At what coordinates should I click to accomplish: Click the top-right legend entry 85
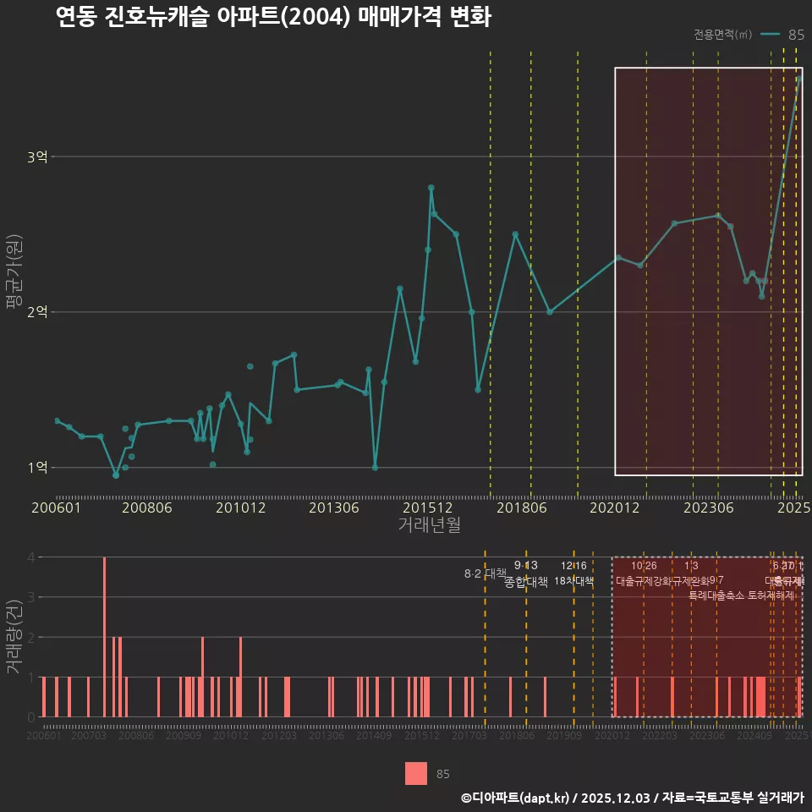(795, 35)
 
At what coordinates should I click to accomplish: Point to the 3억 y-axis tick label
(37, 156)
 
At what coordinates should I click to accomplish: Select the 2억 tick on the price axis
(37, 312)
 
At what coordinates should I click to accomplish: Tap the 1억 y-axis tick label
(37, 467)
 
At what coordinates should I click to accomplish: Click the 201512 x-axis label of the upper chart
(422, 508)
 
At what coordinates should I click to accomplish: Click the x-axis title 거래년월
(429, 525)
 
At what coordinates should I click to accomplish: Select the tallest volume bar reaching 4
(104, 636)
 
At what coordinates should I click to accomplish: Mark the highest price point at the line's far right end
(798, 79)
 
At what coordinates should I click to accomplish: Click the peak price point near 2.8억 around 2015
(431, 188)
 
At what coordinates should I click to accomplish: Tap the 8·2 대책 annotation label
(484, 573)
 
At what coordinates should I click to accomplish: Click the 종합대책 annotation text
(526, 582)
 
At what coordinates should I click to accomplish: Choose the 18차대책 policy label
(574, 581)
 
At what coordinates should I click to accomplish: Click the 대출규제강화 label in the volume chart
(643, 581)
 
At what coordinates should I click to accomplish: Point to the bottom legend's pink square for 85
(415, 774)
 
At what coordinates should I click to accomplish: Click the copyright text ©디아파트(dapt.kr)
(516, 797)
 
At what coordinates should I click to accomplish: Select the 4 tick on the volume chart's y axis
(30, 557)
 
